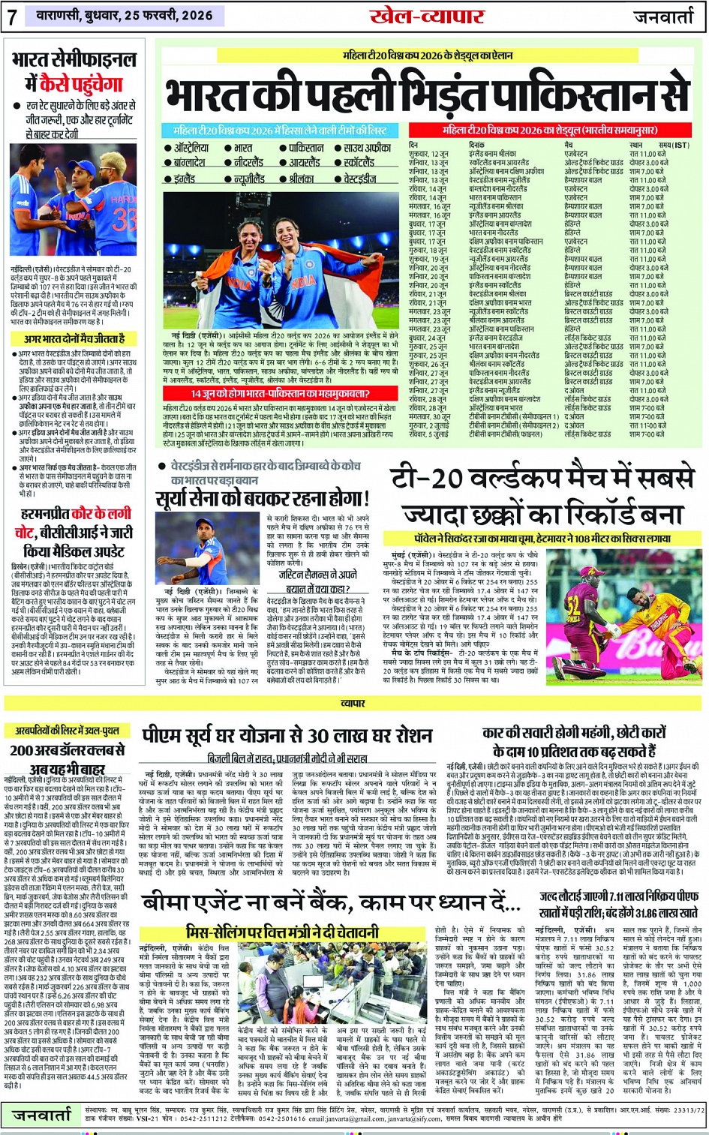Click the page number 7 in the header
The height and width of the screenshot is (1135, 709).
coord(12,17)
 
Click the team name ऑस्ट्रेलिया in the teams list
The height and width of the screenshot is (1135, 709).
coord(196,149)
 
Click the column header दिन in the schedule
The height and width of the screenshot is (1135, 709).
coord(413,145)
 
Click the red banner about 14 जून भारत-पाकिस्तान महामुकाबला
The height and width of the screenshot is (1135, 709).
coord(283,394)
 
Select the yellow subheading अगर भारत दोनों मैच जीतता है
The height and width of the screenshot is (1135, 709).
coord(74,339)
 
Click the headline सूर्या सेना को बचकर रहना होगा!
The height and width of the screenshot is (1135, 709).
coord(262,498)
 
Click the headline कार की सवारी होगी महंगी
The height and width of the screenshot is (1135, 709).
coord(574,741)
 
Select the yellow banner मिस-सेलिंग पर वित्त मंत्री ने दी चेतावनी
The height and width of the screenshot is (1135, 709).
coord(282,932)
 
